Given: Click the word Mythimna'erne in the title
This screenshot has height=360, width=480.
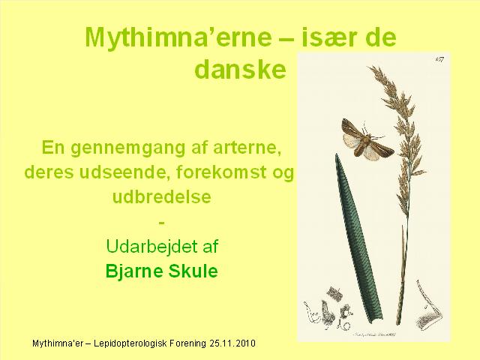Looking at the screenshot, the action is (x=178, y=37).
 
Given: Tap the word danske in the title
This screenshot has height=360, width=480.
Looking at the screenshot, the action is (x=240, y=70).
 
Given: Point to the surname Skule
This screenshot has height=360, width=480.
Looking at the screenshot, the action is (x=193, y=270).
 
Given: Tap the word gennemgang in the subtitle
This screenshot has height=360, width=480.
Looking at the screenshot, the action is (x=128, y=148).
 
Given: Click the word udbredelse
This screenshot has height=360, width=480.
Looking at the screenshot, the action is (x=162, y=196).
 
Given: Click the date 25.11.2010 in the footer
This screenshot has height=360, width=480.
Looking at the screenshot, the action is (x=232, y=343).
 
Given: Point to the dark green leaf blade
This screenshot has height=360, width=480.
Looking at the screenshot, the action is (x=358, y=238).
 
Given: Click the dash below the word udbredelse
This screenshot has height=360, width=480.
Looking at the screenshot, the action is (x=162, y=223).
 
